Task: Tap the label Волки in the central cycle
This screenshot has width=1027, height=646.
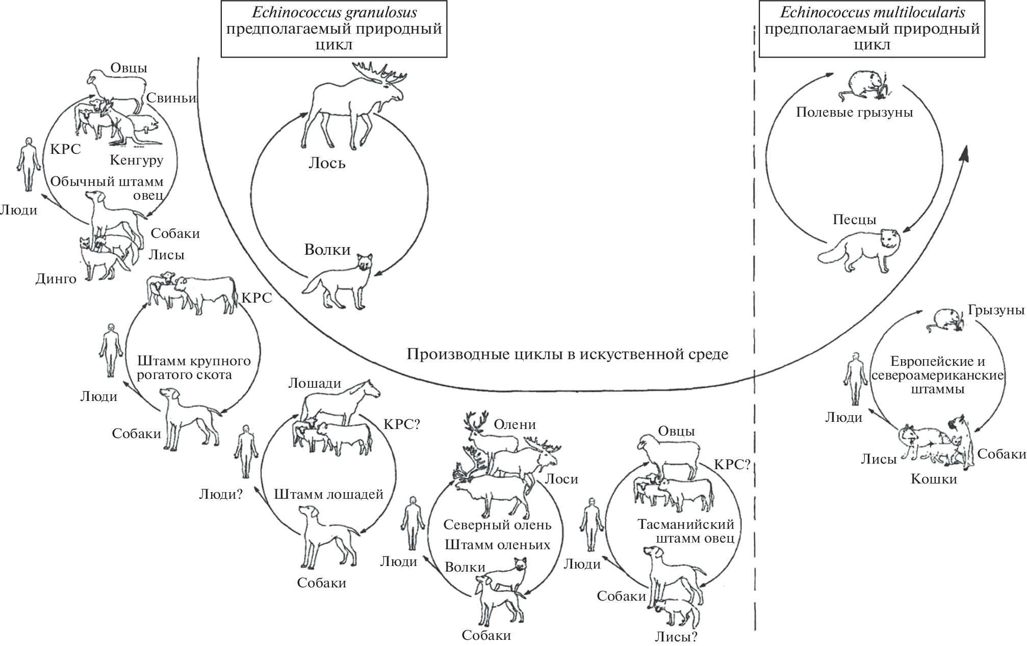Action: (327, 250)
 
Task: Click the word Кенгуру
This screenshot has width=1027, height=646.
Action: (136, 160)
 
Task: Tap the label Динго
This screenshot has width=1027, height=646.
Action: (56, 279)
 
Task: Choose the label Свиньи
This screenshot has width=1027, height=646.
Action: (171, 98)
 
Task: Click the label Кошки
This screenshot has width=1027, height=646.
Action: (934, 479)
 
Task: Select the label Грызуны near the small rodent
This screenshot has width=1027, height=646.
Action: (996, 310)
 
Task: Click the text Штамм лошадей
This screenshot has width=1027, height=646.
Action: (328, 494)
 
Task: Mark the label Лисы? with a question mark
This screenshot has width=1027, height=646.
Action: (676, 636)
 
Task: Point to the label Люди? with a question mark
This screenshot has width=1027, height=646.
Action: (220, 494)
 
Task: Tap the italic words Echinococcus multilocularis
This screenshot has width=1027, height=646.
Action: (872, 14)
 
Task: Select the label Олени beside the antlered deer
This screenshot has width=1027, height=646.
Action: (515, 424)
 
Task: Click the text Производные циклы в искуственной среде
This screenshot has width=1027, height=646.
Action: (567, 354)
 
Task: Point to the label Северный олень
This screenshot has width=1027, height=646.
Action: (497, 524)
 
